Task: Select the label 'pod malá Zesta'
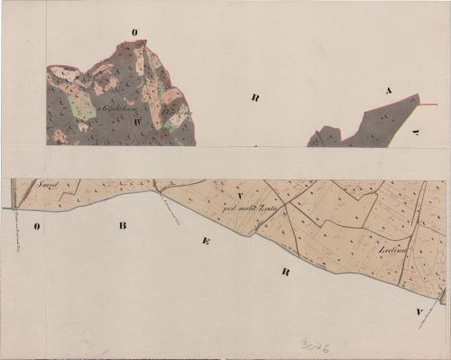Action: pyautogui.click(x=248, y=208)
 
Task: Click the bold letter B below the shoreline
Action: pyautogui.click(x=123, y=225)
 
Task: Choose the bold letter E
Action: pyautogui.click(x=207, y=242)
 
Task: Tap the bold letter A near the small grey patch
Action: pyautogui.click(x=389, y=90)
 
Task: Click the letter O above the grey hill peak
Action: pyautogui.click(x=134, y=32)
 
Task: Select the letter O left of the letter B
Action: pyautogui.click(x=38, y=226)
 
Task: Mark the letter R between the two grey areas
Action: pyautogui.click(x=256, y=97)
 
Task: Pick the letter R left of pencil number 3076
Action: pyautogui.click(x=285, y=272)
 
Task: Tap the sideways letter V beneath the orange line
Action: pyautogui.click(x=417, y=132)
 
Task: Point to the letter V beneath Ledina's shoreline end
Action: pyautogui.click(x=420, y=311)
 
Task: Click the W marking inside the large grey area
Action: pyautogui.click(x=138, y=118)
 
